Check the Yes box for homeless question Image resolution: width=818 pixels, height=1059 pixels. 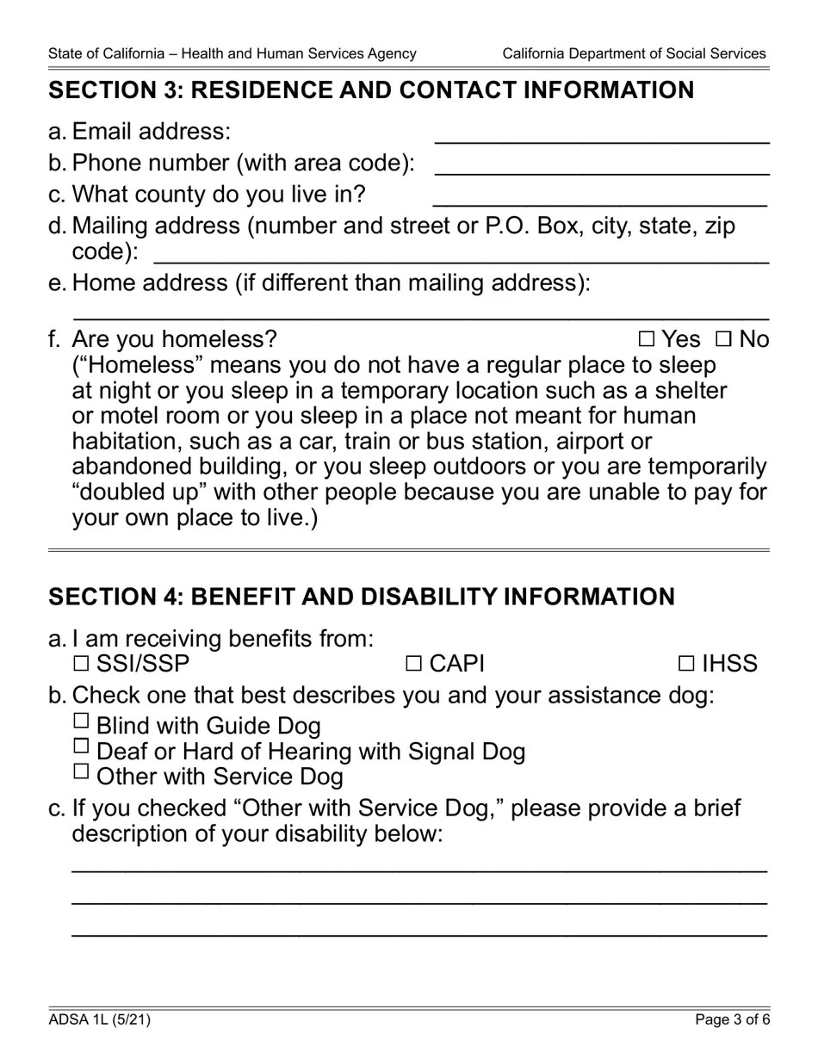pyautogui.click(x=647, y=339)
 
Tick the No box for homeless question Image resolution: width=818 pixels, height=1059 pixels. pyautogui.click(x=722, y=339)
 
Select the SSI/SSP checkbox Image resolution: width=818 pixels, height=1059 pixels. pyautogui.click(x=82, y=664)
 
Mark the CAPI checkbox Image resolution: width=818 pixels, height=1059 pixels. pyautogui.click(x=413, y=664)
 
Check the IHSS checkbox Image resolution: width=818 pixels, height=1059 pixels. pyautogui.click(x=686, y=664)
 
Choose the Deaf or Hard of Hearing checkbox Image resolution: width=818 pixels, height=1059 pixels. pyautogui.click(x=82, y=746)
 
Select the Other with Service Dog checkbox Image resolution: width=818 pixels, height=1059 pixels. pyautogui.click(x=82, y=771)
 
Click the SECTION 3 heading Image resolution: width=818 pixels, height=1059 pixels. pyautogui.click(x=371, y=90)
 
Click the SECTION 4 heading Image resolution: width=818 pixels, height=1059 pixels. pyautogui.click(x=362, y=597)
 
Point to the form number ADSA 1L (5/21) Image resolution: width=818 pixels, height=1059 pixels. pyautogui.click(x=100, y=1020)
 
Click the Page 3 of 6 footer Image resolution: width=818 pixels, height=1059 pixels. pyautogui.click(x=733, y=1020)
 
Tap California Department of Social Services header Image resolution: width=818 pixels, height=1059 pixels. pyautogui.click(x=634, y=53)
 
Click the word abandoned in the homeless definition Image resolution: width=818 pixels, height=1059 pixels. pyautogui.click(x=133, y=467)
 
